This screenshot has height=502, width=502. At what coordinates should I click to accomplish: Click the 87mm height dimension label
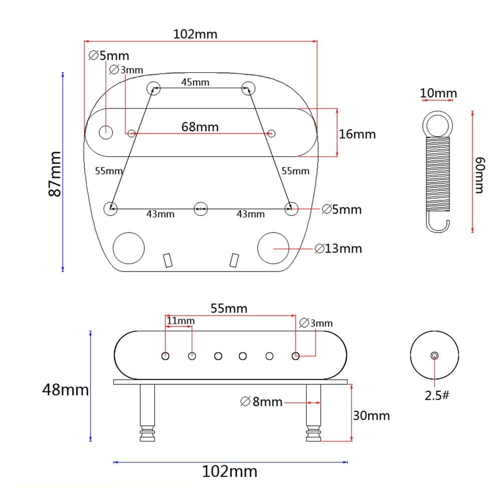tap(55, 174)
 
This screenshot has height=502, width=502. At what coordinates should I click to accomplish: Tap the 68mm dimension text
tap(200, 127)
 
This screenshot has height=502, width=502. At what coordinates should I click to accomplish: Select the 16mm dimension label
tap(357, 134)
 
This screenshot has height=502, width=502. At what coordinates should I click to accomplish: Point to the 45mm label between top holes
tap(195, 82)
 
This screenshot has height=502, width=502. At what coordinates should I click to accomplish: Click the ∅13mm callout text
tap(338, 248)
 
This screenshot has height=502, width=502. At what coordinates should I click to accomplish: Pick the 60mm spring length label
tap(479, 175)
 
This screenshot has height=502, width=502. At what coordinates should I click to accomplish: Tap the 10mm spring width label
tap(438, 93)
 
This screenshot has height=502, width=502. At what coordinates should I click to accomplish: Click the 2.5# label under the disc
tap(437, 396)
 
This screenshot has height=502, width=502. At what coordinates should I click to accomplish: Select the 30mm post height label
tap(371, 415)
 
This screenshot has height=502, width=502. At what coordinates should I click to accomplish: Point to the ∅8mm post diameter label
tap(261, 401)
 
